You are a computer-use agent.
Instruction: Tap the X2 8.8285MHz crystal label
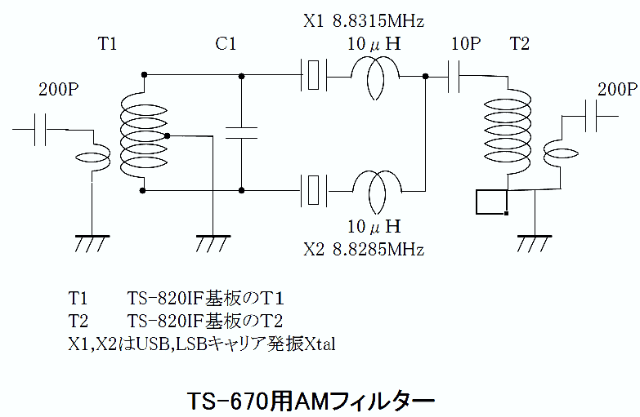(x=364, y=249)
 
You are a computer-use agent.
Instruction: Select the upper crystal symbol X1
(x=314, y=76)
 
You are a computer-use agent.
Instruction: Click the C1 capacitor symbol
(x=242, y=133)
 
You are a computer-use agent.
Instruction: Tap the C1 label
(x=226, y=45)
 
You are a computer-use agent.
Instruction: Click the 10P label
(x=466, y=44)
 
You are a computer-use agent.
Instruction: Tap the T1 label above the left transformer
(x=108, y=45)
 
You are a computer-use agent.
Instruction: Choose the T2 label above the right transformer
(x=519, y=44)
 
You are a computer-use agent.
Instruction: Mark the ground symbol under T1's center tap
(x=212, y=243)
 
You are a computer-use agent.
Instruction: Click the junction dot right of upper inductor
(x=426, y=77)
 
